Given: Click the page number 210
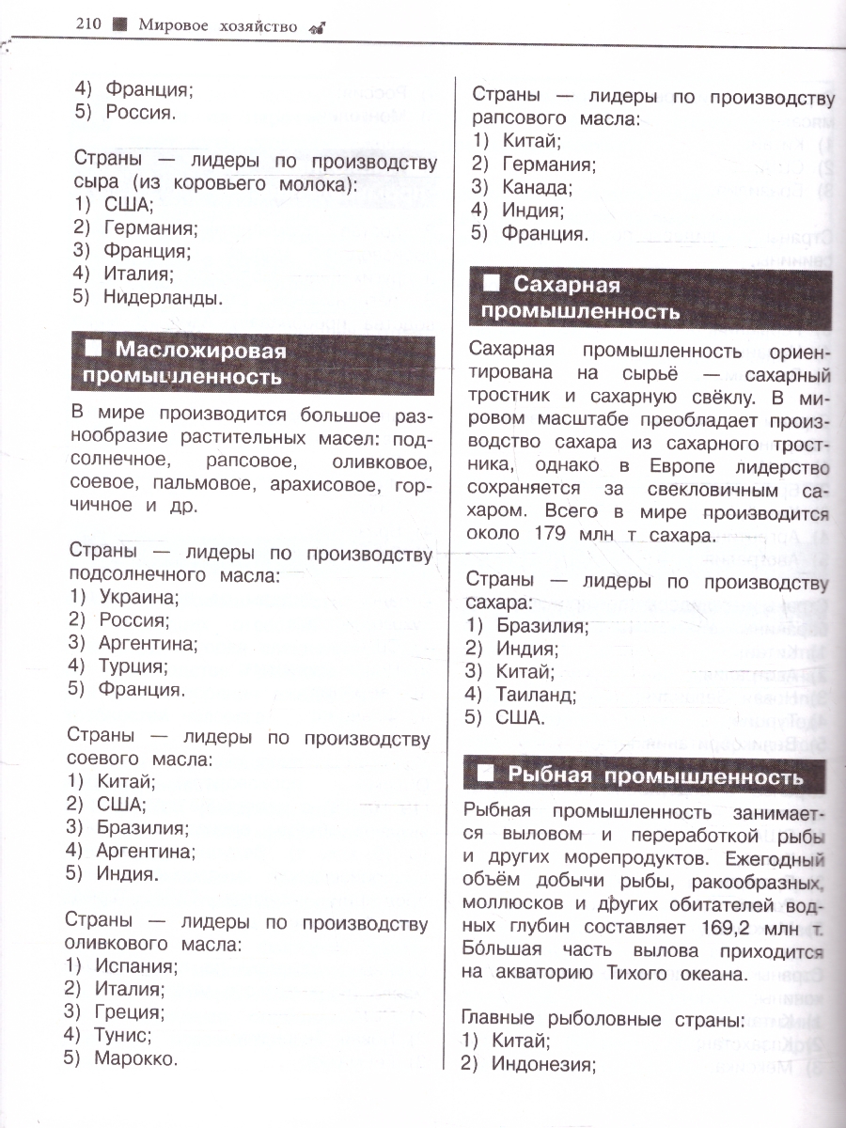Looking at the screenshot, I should [x=89, y=26].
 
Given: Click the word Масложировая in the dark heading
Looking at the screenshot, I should [x=200, y=351].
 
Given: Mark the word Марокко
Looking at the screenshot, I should [x=135, y=1058].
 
